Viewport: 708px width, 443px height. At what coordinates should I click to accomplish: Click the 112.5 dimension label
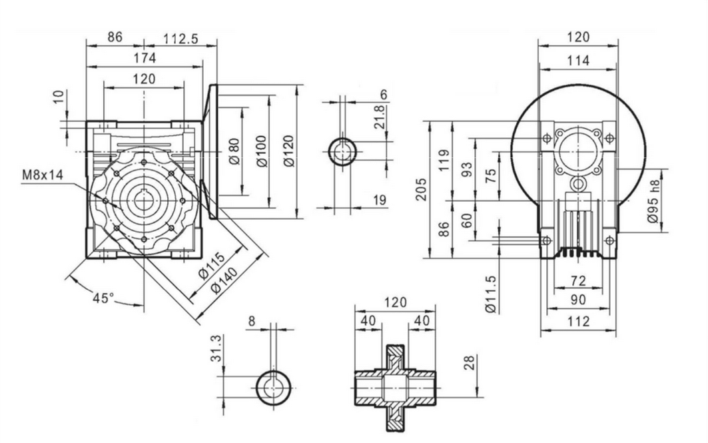click(x=180, y=39)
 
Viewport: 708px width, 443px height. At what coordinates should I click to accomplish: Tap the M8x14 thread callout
click(x=41, y=175)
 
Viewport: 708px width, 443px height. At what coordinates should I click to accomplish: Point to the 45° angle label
click(x=103, y=297)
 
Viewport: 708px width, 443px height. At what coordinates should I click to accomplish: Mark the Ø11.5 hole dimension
click(x=492, y=295)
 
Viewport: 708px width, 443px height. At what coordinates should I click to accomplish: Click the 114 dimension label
click(x=578, y=61)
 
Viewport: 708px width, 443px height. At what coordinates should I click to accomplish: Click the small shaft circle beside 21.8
click(x=343, y=153)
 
